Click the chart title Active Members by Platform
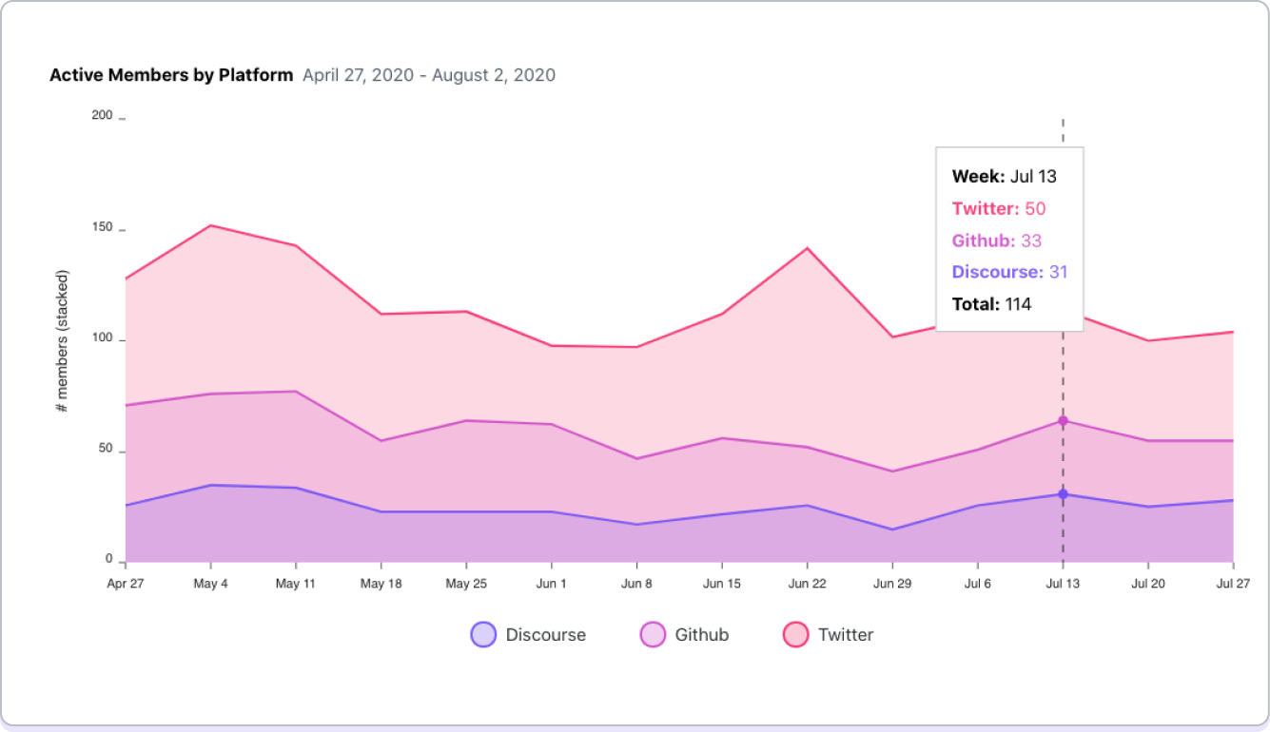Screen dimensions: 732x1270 tap(171, 75)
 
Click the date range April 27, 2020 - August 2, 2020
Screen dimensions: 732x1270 tap(429, 75)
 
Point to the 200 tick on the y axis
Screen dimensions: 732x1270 tap(101, 115)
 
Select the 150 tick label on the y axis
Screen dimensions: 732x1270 tap(101, 228)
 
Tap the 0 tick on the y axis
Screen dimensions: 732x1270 tap(109, 560)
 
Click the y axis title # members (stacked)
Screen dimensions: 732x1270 tap(62, 341)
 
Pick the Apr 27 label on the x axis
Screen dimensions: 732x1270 tap(125, 584)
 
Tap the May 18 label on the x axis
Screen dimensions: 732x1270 tap(381, 584)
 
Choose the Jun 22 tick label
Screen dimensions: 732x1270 tap(807, 584)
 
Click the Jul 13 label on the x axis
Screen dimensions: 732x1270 tap(1063, 584)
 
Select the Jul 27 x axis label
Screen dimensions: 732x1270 tap(1233, 584)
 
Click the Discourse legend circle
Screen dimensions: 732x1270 tap(483, 634)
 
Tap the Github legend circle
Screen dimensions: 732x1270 tap(653, 634)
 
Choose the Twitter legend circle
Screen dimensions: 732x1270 tap(795, 634)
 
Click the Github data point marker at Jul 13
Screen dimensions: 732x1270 tap(1063, 421)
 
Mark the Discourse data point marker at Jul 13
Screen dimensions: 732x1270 tap(1063, 494)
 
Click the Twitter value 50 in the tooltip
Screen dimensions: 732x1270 tap(1035, 208)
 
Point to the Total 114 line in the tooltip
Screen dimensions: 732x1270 tap(991, 304)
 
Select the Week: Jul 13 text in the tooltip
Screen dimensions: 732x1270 tap(1004, 176)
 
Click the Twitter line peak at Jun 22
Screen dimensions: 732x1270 tap(807, 248)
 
